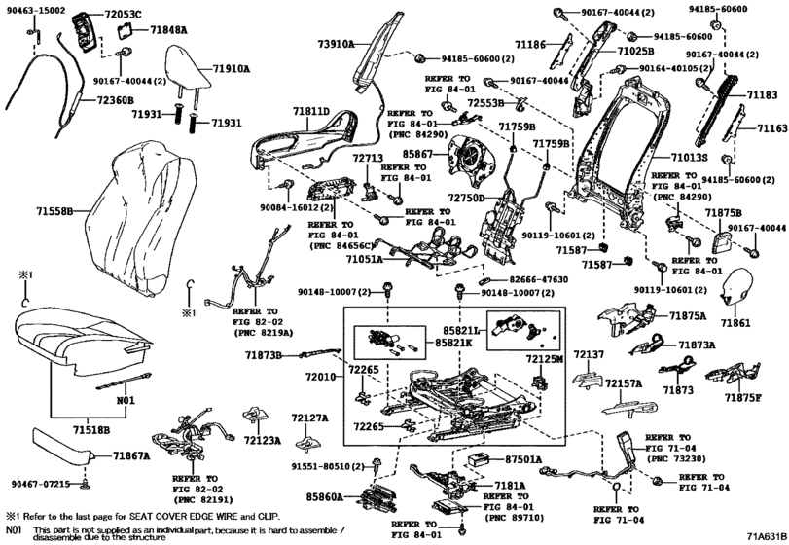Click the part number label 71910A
pyautogui.click(x=232, y=70)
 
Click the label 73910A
pyautogui.click(x=337, y=44)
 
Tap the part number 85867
pyautogui.click(x=414, y=154)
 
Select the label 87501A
pyautogui.click(x=523, y=457)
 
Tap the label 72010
pyautogui.click(x=320, y=375)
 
